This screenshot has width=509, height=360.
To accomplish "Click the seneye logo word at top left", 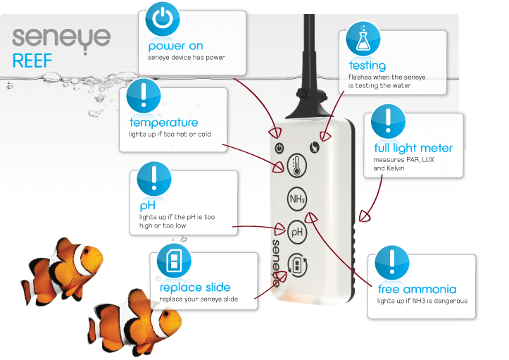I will click(61, 37).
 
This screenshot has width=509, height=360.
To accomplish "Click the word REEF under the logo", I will click(32, 61).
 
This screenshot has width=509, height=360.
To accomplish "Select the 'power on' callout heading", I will click(175, 46).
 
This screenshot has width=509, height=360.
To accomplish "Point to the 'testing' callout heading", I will click(367, 66).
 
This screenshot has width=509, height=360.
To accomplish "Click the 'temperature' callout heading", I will click(163, 123).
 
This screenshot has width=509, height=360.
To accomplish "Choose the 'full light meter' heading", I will click(413, 148).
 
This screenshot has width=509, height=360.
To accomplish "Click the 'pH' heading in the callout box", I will click(146, 205).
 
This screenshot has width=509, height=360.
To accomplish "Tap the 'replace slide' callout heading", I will click(195, 287).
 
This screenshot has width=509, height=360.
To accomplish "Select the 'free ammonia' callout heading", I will click(417, 290).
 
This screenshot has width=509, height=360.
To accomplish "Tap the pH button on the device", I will click(297, 230).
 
